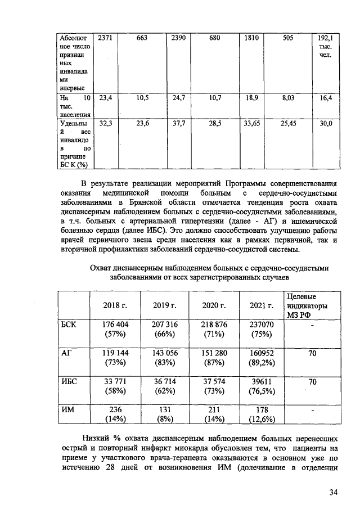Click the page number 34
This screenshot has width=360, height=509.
click(333, 493)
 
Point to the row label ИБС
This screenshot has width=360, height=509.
click(69, 382)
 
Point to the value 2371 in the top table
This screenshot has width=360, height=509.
click(105, 38)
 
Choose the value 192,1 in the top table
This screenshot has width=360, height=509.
click(325, 38)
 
